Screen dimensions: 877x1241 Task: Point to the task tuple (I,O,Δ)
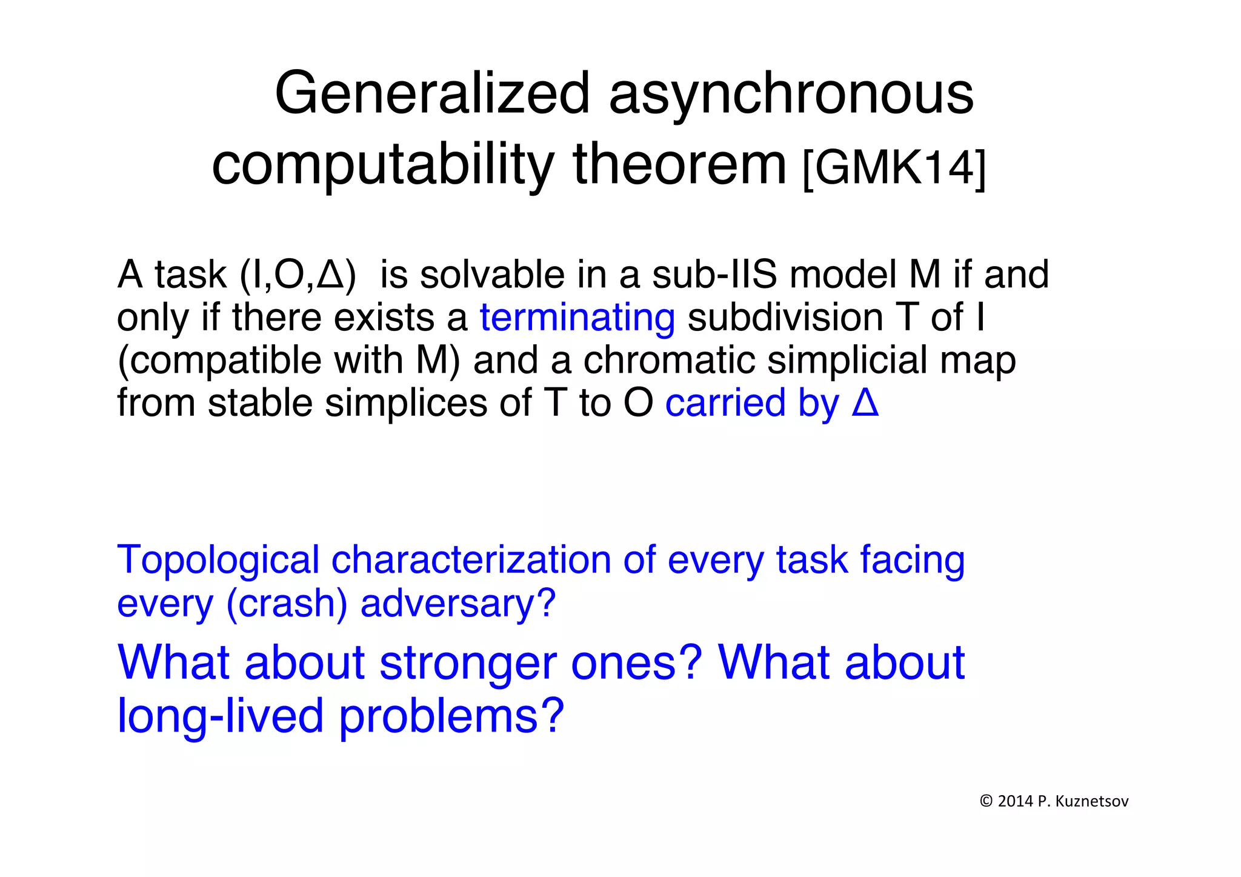298,275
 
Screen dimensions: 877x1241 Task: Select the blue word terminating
577,318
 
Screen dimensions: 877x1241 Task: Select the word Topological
218,560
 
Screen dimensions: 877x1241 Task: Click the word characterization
471,560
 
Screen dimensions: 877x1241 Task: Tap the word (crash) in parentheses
286,604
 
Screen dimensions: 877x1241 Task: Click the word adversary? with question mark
457,604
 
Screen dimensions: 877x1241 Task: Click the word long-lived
220,716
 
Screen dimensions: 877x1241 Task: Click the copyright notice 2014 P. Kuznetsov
1054,801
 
